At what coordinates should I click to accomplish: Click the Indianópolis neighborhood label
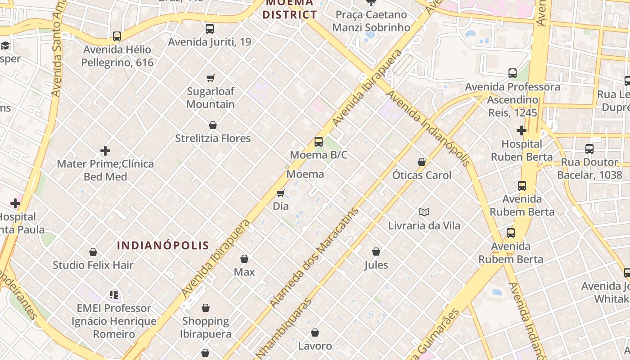pyautogui.click(x=163, y=245)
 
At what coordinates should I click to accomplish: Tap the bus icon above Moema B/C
pyautogui.click(x=319, y=142)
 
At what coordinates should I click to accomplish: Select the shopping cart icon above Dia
pyautogui.click(x=281, y=193)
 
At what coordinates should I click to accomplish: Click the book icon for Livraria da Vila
pyautogui.click(x=424, y=212)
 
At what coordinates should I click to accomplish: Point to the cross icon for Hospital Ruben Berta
pyautogui.click(x=522, y=131)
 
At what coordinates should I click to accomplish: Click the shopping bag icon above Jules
pyautogui.click(x=376, y=252)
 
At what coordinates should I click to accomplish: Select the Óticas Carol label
pyautogui.click(x=422, y=175)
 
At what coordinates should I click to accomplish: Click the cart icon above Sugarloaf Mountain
pyautogui.click(x=211, y=78)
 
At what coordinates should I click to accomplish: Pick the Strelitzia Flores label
pyautogui.click(x=213, y=138)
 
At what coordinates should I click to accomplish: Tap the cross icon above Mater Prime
pyautogui.click(x=105, y=151)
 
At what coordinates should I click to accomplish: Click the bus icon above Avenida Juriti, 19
pyautogui.click(x=210, y=29)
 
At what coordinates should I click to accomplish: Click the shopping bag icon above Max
pyautogui.click(x=244, y=259)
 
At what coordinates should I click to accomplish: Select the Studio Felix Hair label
pyautogui.click(x=93, y=265)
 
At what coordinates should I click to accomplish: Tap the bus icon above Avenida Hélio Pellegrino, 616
pyautogui.click(x=117, y=36)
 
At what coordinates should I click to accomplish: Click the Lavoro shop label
pyautogui.click(x=315, y=346)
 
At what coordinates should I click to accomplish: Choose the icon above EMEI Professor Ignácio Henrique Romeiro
pyautogui.click(x=114, y=295)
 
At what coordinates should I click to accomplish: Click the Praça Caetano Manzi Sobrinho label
pyautogui.click(x=371, y=21)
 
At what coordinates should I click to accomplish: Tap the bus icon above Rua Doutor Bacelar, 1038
pyautogui.click(x=589, y=149)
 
